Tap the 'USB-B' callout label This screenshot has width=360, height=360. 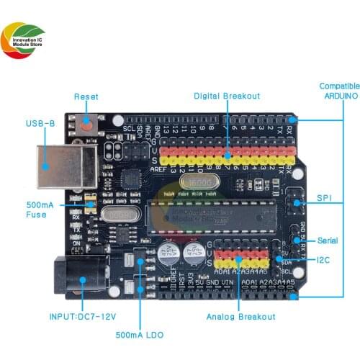(40, 124)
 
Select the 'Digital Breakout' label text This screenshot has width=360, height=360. (226, 96)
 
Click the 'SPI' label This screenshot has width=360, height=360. (324, 197)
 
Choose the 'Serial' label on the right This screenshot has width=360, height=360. (327, 240)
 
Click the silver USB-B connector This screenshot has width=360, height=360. (66, 167)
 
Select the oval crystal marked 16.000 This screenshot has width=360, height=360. (196, 185)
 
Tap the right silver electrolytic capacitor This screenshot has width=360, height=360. (193, 253)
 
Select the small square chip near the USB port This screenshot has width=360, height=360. (130, 179)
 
